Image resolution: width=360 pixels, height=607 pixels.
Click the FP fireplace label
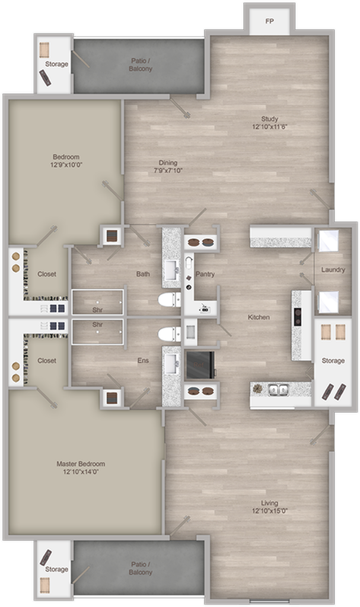pyautogui.click(x=269, y=21)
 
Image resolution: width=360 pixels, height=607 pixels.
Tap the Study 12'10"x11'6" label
pyautogui.click(x=269, y=123)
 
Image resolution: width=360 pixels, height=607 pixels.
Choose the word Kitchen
pyautogui.click(x=259, y=318)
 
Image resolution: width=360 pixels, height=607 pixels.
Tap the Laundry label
pyautogui.click(x=333, y=270)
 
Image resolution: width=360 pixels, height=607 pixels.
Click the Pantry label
pyautogui.click(x=205, y=274)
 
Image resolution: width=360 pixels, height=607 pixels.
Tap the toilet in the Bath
pyautogui.click(x=168, y=299)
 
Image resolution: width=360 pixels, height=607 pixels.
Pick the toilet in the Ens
pyautogui.click(x=168, y=333)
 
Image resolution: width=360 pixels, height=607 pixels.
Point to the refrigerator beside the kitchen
pyautogui.click(x=200, y=365)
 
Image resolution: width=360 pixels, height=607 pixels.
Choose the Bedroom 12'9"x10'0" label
pyautogui.click(x=65, y=161)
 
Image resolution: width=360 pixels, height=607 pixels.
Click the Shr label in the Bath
pyautogui.click(x=97, y=309)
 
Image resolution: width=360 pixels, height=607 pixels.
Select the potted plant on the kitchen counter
pyautogui.click(x=257, y=389)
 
